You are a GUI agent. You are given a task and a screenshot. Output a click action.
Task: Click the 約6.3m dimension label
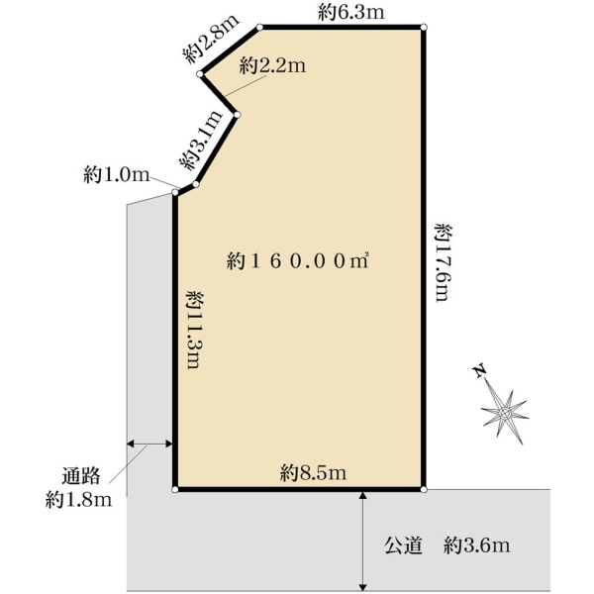click(351, 13)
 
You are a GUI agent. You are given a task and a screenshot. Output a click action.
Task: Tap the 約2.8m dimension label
click(212, 39)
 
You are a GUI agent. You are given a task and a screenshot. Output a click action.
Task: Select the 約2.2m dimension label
click(273, 66)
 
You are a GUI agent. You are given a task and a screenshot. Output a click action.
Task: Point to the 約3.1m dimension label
click(200, 141)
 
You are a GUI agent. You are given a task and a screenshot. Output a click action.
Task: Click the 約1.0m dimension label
click(117, 174)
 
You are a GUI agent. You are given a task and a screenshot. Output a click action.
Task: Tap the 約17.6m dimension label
click(443, 262)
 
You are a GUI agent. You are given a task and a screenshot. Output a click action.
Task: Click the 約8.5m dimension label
click(313, 473)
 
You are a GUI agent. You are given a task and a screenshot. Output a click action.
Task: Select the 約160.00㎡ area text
click(298, 261)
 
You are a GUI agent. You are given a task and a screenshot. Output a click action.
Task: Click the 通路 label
click(81, 476)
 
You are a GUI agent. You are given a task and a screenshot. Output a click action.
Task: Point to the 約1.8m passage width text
click(79, 500)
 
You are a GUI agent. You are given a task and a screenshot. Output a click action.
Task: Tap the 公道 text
click(404, 545)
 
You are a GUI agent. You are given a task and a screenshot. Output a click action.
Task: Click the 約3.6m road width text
click(476, 545)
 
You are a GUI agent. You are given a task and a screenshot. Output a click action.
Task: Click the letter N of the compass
click(480, 371)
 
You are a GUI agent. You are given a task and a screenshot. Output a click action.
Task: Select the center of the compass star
click(504, 413)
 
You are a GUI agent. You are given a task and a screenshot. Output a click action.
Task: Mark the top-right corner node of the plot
click(424, 27)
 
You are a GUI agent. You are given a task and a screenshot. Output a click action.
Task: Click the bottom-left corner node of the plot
click(175, 489)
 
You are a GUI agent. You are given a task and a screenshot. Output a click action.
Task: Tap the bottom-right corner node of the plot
click(424, 489)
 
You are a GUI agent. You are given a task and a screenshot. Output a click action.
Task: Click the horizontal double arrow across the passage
click(149, 444)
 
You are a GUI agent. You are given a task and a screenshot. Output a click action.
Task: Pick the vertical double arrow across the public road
click(363, 541)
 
